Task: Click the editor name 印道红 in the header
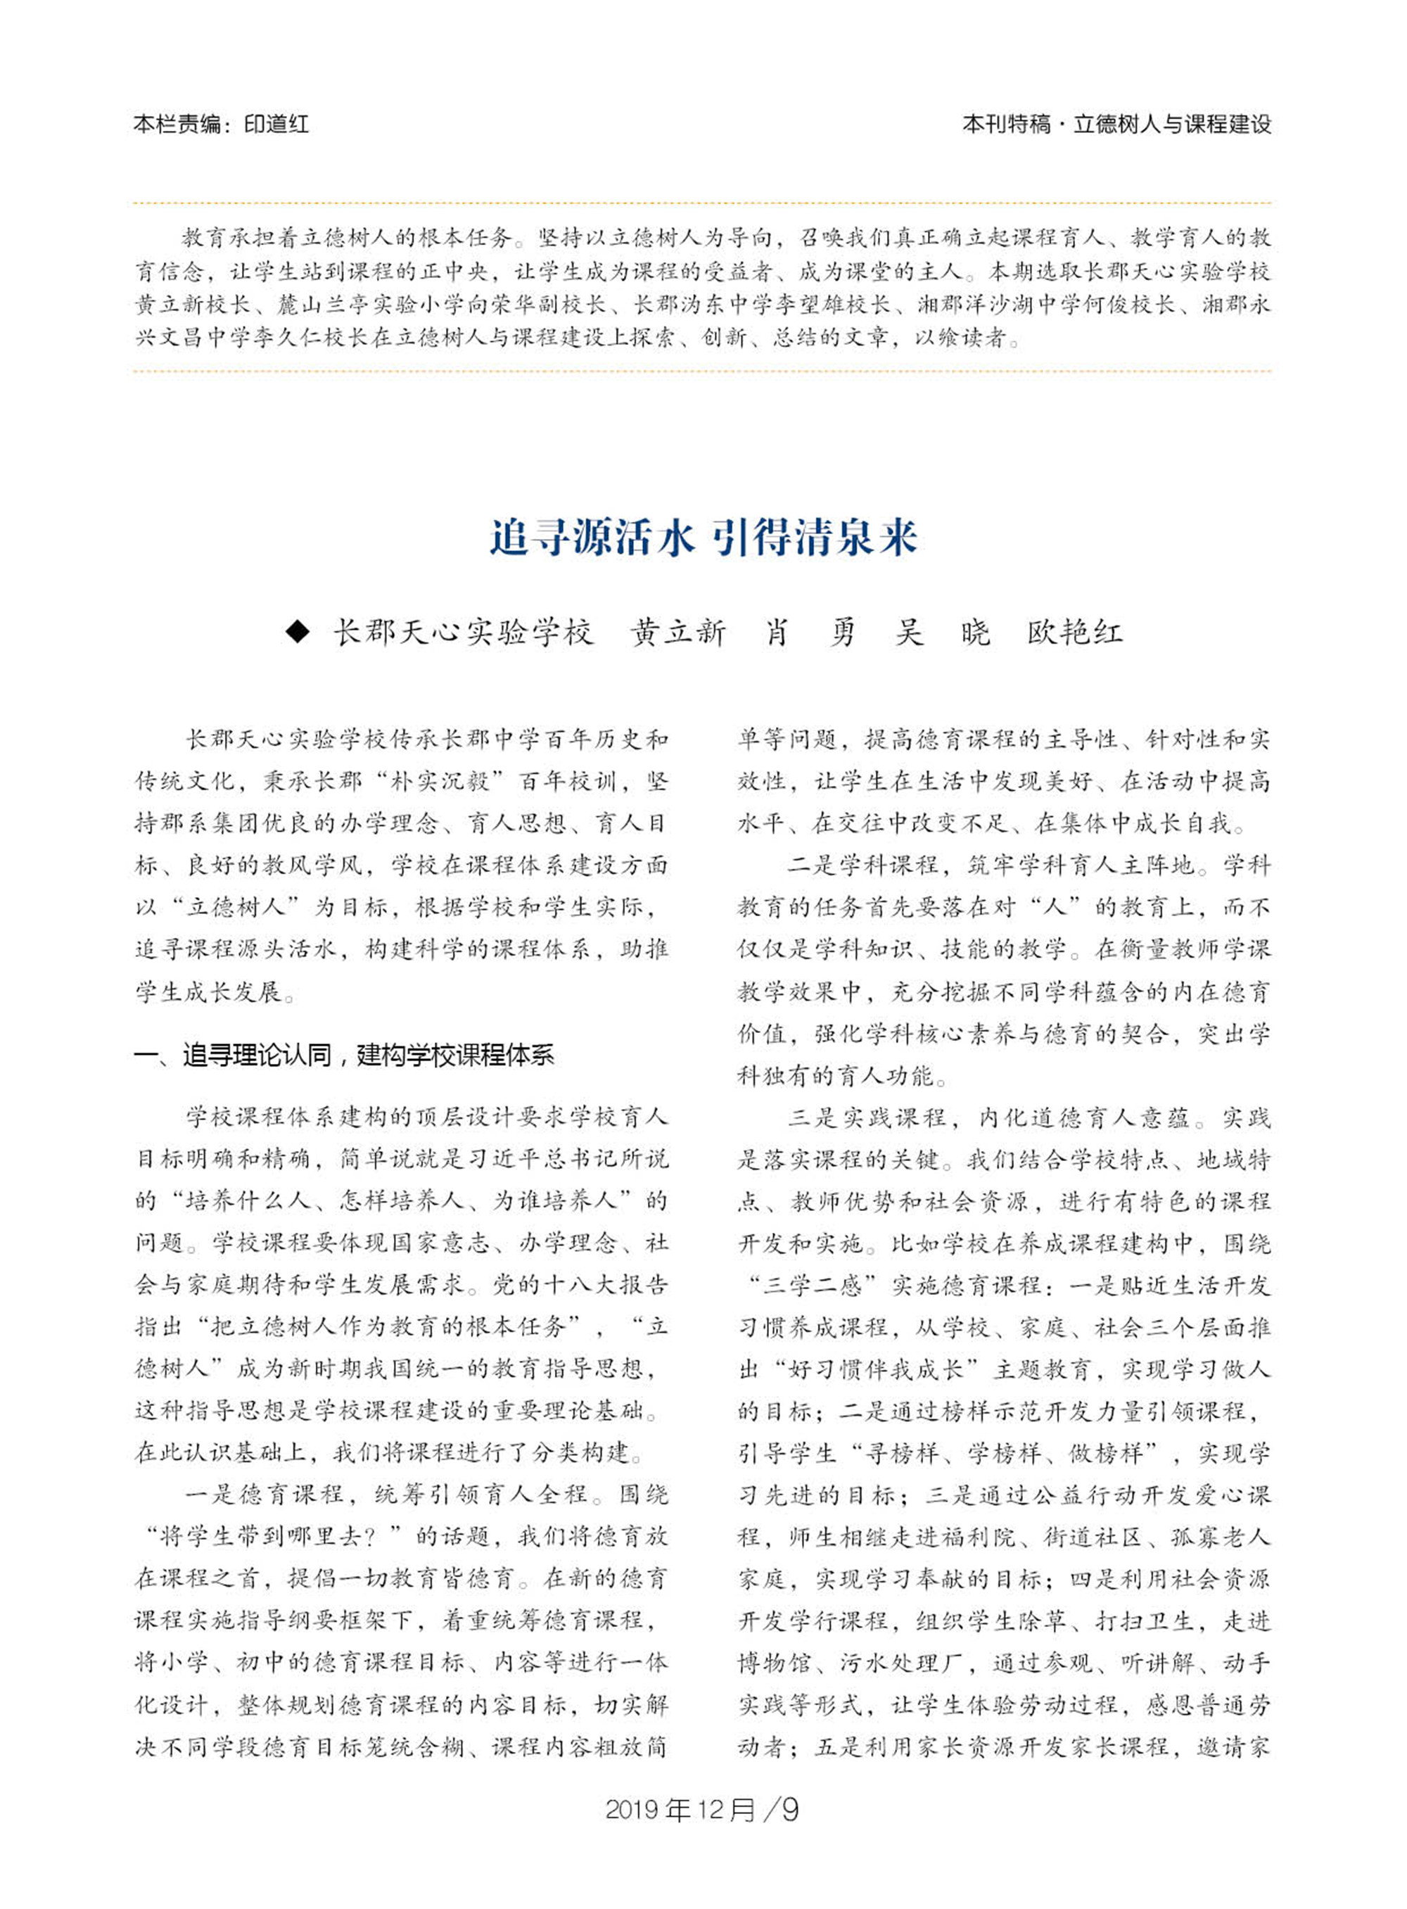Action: [x=276, y=125]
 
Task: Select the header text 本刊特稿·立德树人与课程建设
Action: [x=1116, y=125]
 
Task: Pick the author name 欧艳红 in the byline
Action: [x=1075, y=632]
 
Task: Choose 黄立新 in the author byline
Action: [x=678, y=632]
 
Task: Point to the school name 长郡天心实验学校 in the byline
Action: [x=462, y=632]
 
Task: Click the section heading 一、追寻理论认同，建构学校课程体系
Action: [x=344, y=1056]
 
